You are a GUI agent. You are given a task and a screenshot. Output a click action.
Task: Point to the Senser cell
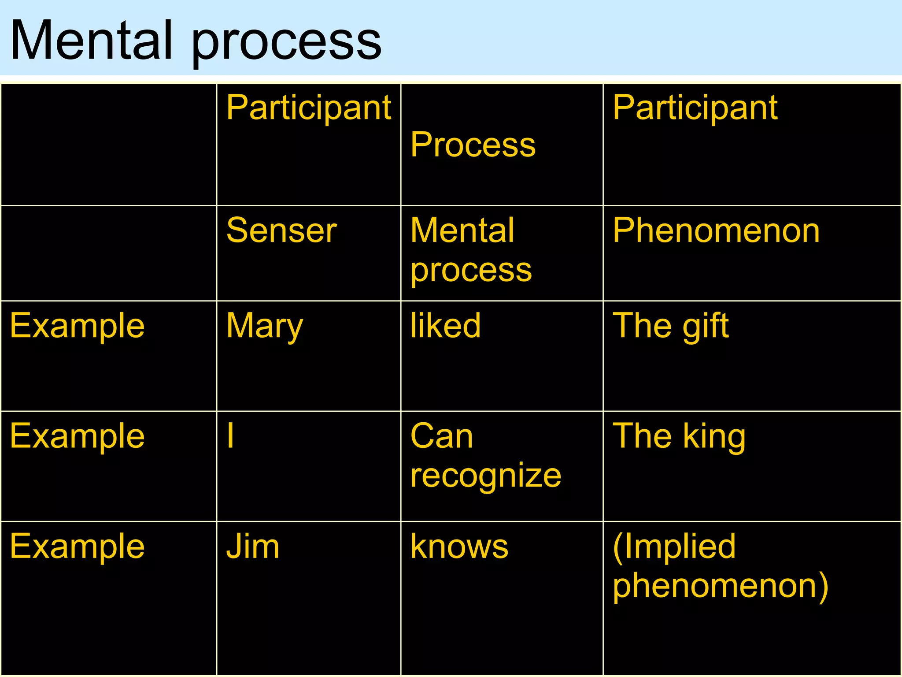point(281,230)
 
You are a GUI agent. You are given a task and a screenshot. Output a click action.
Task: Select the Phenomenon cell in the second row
point(716,230)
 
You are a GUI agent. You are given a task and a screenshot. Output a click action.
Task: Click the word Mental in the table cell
point(462,230)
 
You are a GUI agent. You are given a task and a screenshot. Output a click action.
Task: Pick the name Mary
point(264,326)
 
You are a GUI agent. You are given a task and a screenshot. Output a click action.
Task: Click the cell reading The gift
point(670,326)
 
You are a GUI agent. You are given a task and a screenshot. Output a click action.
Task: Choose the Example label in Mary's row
point(78,326)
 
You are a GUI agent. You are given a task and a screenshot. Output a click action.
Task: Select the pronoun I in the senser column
point(230,435)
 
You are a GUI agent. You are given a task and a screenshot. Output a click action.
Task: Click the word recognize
point(485,476)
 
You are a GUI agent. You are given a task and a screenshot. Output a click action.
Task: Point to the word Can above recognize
point(441,435)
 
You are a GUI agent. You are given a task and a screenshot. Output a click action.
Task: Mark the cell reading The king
point(679,436)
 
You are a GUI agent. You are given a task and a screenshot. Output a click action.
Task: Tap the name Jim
point(252,547)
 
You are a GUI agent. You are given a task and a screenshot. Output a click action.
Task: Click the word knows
point(459,547)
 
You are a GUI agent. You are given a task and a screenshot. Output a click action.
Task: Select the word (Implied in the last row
point(674,547)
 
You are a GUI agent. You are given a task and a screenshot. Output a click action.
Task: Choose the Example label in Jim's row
point(78,547)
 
